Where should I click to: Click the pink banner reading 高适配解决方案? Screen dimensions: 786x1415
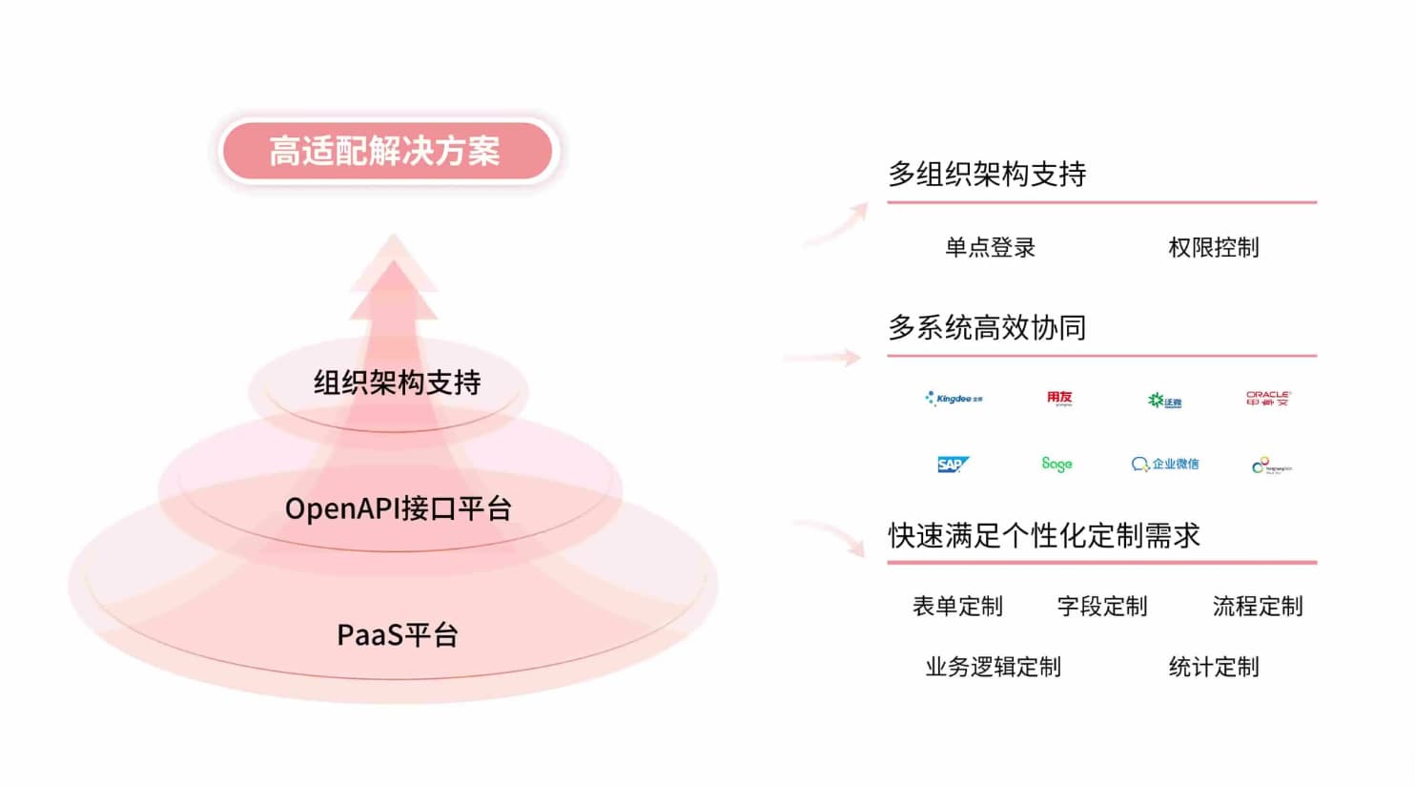(385, 151)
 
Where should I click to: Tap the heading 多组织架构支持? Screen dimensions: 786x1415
(987, 175)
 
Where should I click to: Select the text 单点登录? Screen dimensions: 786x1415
(990, 248)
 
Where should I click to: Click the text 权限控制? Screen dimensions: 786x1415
(1213, 248)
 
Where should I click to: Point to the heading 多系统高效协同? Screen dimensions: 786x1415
(987, 328)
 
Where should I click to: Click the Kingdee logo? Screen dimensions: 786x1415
(954, 399)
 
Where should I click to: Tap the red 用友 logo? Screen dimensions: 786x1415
(1059, 398)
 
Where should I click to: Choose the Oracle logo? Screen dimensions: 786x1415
(1268, 398)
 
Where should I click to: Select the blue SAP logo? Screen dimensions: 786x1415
(953, 465)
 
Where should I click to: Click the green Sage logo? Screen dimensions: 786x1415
(1056, 465)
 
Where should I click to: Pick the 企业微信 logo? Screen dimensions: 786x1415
(1165, 465)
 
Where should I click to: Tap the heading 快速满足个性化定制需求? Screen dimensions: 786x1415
(1044, 536)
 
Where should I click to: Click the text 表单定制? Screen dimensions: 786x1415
(957, 607)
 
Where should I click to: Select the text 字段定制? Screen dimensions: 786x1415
(1102, 607)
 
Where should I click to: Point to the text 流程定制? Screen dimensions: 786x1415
(1257, 607)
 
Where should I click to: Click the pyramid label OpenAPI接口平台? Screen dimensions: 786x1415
(398, 508)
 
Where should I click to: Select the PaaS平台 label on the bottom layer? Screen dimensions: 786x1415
(398, 635)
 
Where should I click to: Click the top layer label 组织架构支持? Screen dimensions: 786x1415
(397, 383)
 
